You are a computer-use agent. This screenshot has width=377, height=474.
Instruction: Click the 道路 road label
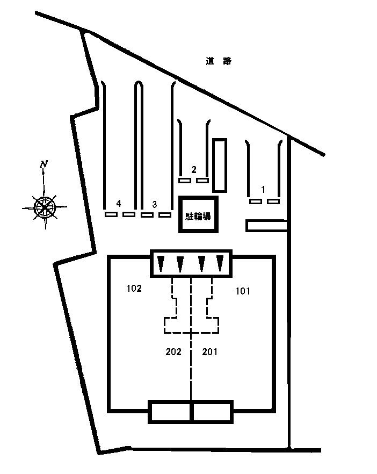219,61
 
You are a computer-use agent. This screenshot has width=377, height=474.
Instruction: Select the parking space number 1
263,189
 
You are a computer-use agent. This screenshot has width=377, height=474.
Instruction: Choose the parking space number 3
155,204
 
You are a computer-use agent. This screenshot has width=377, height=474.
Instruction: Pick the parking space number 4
119,203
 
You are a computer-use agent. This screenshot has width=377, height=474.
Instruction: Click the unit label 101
243,291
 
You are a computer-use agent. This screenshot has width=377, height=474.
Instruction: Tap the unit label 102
134,289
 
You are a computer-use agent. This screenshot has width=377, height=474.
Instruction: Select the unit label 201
210,352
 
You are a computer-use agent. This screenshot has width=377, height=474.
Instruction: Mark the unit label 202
173,352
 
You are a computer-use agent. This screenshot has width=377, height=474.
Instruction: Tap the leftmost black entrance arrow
161,263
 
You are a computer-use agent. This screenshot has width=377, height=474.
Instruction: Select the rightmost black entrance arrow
220,263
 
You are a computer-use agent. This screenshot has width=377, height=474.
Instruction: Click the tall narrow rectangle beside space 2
219,165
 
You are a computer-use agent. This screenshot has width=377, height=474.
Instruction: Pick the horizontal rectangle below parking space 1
266,226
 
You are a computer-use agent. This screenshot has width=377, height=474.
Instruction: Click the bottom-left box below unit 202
170,412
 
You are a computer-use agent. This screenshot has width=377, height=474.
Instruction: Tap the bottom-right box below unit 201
212,412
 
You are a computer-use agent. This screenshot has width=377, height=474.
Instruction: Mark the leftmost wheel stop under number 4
111,215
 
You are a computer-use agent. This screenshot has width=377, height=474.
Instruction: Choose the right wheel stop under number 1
273,202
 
